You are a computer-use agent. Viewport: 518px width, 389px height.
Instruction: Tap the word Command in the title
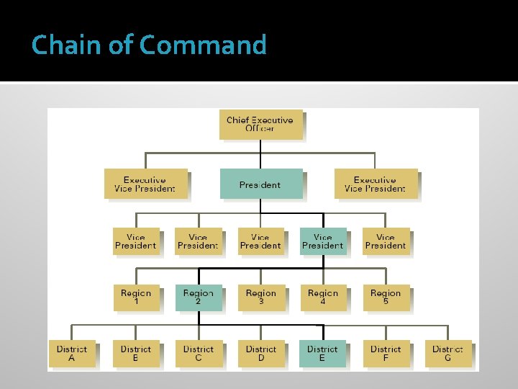click(x=203, y=45)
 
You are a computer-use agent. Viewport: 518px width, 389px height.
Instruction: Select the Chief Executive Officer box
click(x=260, y=124)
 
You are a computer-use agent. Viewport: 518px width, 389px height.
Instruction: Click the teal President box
click(x=260, y=184)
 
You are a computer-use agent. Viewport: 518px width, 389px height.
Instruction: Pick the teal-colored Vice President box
click(x=322, y=241)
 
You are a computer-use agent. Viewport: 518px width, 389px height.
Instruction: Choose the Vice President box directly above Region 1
click(x=136, y=241)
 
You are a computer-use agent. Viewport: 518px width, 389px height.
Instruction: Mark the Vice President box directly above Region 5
click(x=386, y=241)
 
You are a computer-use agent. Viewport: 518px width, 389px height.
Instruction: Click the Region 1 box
click(x=136, y=298)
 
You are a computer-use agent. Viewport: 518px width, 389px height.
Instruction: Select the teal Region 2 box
click(x=198, y=298)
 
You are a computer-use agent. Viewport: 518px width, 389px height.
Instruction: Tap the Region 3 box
click(x=260, y=298)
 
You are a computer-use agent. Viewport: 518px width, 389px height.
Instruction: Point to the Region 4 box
click(x=323, y=298)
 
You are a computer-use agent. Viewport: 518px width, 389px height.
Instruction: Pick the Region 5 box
click(x=386, y=298)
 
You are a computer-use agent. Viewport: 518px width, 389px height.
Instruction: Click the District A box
click(x=72, y=353)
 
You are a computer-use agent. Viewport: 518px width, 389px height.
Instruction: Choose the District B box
click(x=136, y=353)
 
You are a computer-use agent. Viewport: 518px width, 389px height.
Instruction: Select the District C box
click(x=198, y=353)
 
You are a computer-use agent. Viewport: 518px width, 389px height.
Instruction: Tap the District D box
click(x=260, y=353)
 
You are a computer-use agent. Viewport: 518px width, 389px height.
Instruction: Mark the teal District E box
click(x=322, y=353)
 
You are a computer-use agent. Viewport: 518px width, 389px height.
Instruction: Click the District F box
click(x=386, y=353)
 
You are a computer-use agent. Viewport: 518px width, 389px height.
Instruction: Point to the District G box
click(x=447, y=353)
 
